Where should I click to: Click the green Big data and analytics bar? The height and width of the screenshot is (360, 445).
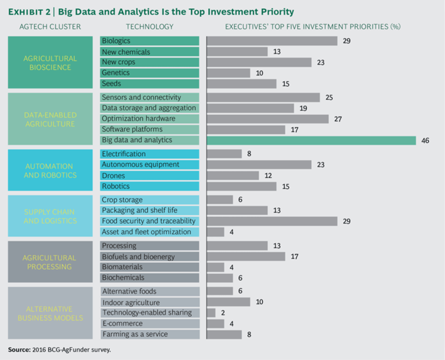pyautogui.click(x=311, y=141)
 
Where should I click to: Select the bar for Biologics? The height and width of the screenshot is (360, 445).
pyautogui.click(x=272, y=41)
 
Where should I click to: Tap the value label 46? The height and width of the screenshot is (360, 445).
pyautogui.click(x=425, y=141)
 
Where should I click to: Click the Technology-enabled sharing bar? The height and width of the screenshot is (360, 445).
pyautogui.click(x=211, y=313)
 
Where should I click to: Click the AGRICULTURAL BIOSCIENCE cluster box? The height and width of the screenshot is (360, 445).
pyautogui.click(x=51, y=63)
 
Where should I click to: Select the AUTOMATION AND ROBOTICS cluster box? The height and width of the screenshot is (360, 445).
pyautogui.click(x=51, y=170)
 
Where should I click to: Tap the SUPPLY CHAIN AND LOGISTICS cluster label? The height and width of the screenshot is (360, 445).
pyautogui.click(x=51, y=216)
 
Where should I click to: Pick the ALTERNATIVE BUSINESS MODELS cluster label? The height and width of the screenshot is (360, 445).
pyautogui.click(x=51, y=313)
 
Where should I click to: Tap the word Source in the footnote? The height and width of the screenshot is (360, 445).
pyautogui.click(x=19, y=350)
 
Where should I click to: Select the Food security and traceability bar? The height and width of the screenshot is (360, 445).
pyautogui.click(x=272, y=221)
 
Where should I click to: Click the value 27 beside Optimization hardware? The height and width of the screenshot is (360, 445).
pyautogui.click(x=338, y=119)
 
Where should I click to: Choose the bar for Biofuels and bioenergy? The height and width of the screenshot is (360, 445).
pyautogui.click(x=246, y=256)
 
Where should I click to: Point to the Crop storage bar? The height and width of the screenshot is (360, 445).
pyautogui.click(x=220, y=200)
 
